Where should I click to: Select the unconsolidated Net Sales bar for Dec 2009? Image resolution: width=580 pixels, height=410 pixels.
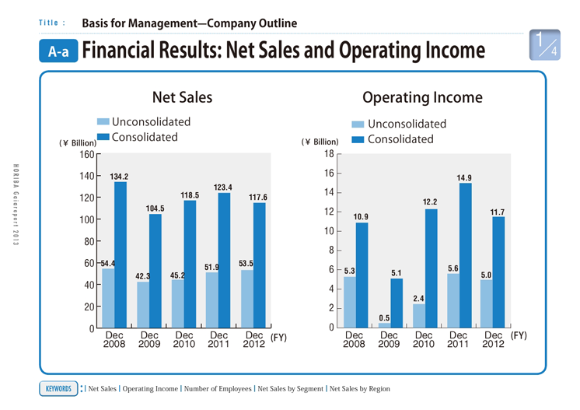pyautogui.click(x=143, y=305)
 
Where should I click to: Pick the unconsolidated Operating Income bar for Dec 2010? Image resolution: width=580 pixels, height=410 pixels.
pyautogui.click(x=419, y=316)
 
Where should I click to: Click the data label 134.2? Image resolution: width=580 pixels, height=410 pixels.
pyautogui.click(x=119, y=177)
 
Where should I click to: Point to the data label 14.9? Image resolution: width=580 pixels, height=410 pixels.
pyautogui.click(x=465, y=177)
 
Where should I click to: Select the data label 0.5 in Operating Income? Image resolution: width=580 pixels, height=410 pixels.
pyautogui.click(x=384, y=317)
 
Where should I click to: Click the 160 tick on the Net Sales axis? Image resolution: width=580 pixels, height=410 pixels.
pyautogui.click(x=86, y=155)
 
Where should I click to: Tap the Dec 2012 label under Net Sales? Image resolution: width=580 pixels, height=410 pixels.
pyautogui.click(x=253, y=340)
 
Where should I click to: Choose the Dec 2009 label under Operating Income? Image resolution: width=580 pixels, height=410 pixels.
pyautogui.click(x=389, y=340)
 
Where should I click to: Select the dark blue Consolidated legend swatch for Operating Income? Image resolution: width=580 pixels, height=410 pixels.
pyautogui.click(x=358, y=140)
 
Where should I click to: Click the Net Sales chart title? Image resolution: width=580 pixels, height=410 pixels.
pyautogui.click(x=182, y=98)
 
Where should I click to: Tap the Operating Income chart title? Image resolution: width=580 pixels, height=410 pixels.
pyautogui.click(x=422, y=98)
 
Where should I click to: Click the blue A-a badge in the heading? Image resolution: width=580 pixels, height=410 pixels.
pyautogui.click(x=59, y=52)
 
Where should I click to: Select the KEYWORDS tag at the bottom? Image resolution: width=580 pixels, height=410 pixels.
pyautogui.click(x=58, y=387)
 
